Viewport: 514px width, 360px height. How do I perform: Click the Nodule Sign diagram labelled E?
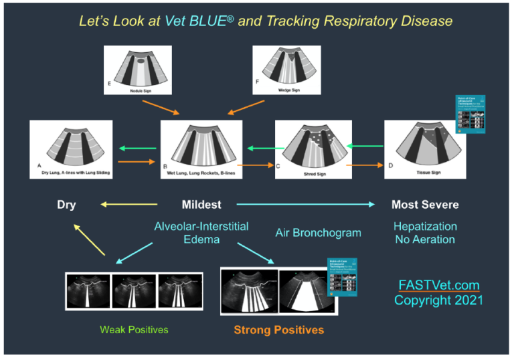tap(138, 70)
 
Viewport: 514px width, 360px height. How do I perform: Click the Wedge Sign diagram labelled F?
tap(286, 70)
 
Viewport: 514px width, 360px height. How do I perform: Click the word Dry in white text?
tap(66, 205)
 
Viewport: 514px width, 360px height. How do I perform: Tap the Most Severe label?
tap(425, 205)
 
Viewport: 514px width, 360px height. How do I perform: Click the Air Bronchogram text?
tap(318, 233)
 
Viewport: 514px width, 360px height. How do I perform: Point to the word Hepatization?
tap(425, 227)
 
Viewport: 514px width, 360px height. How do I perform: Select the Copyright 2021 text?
tap(438, 300)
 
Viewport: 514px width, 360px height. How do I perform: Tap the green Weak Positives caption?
tap(134, 329)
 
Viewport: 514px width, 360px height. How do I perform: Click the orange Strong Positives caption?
tap(278, 330)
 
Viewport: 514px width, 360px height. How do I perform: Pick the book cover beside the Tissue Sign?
tap(469, 114)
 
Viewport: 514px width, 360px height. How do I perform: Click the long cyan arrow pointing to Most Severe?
tap(305, 205)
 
